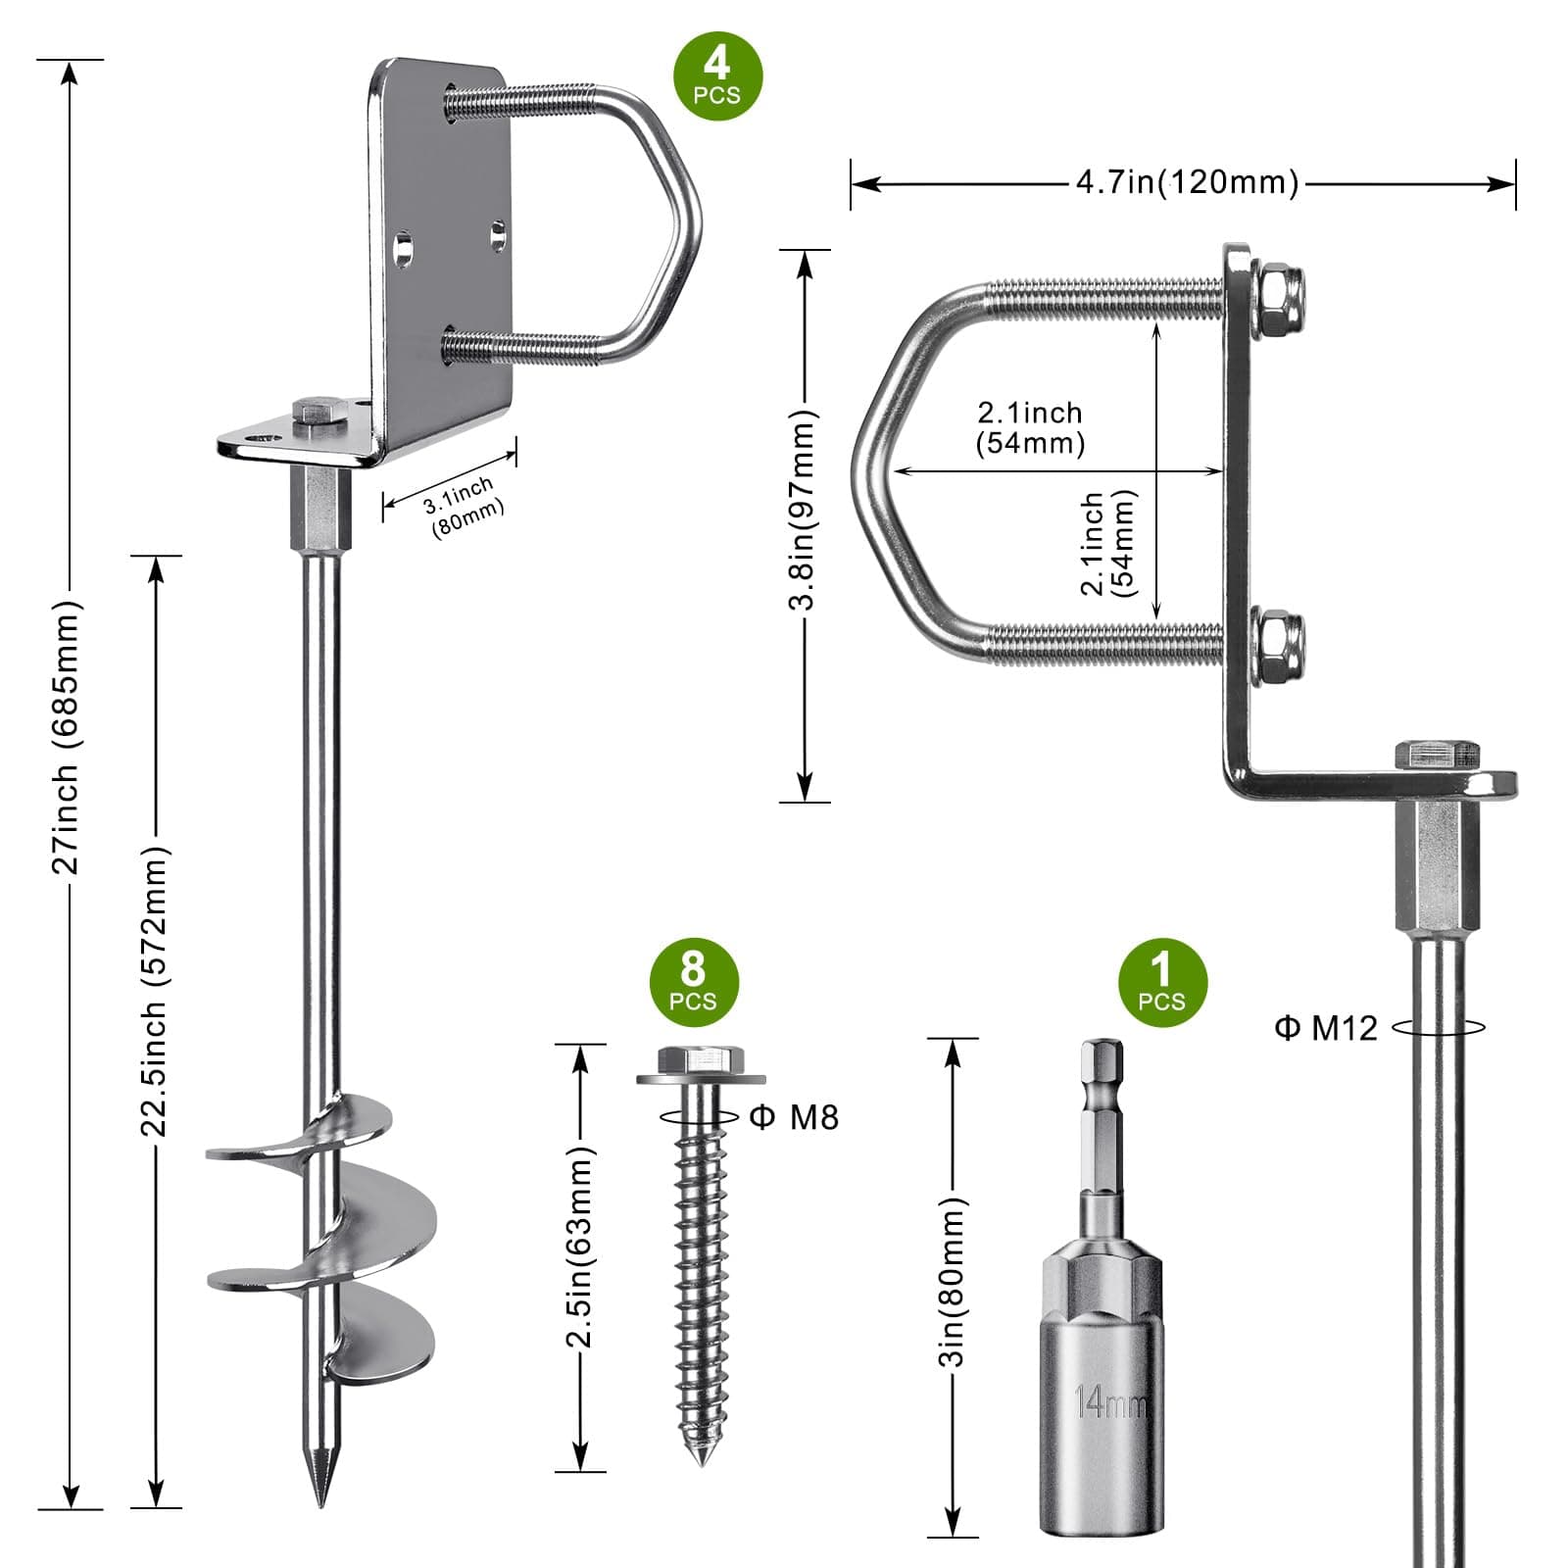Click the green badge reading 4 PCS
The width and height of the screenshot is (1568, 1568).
click(716, 76)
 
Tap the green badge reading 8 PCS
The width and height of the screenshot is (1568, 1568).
click(693, 982)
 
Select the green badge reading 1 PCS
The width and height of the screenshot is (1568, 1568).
click(1161, 982)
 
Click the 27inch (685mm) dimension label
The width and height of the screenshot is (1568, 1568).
click(69, 737)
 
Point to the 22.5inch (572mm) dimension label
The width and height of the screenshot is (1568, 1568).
click(155, 990)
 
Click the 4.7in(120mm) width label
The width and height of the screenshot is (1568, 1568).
click(1187, 182)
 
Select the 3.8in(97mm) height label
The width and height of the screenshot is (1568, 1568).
click(804, 511)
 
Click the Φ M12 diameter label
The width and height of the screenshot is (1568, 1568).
click(1326, 1027)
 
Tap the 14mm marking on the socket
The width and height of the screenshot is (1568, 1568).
click(1110, 1402)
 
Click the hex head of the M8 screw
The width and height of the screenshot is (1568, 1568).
click(701, 1060)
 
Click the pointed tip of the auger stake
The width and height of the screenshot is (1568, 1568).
click(320, 1494)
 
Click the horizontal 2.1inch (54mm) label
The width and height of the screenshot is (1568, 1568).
click(1030, 427)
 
